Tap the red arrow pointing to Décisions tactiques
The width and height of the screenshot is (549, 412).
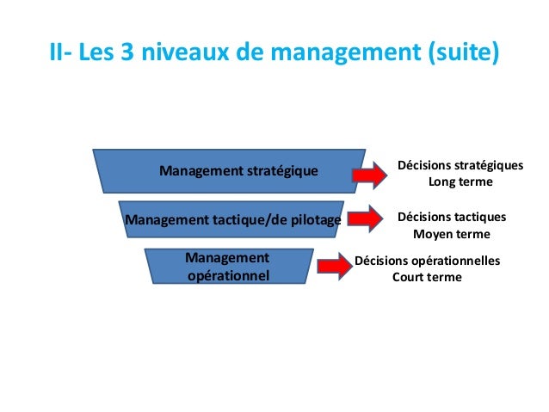pyautogui.click(x=373, y=219)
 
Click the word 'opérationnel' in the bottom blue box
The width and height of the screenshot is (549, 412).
pyautogui.click(x=227, y=275)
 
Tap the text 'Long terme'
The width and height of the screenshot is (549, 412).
pyautogui.click(x=460, y=182)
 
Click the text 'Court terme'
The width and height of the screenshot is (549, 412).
pyautogui.click(x=427, y=277)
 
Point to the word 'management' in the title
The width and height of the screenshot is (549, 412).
pyautogui.click(x=341, y=53)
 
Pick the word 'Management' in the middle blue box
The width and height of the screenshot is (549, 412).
pyautogui.click(x=165, y=220)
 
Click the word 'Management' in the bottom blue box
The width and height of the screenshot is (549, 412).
pyautogui.click(x=227, y=258)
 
